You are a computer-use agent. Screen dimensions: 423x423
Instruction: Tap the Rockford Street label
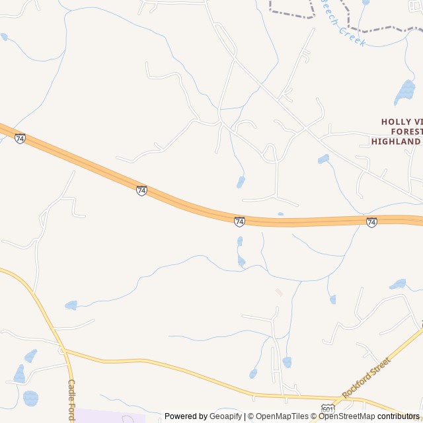pos(366,377)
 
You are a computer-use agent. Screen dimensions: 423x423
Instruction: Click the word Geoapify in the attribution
pos(226,416)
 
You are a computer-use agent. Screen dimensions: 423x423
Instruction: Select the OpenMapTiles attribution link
pos(282,416)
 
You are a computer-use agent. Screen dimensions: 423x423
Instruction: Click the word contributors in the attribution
pos(399,416)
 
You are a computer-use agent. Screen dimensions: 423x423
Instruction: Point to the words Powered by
pos(186,416)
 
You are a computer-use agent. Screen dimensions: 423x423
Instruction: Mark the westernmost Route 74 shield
pos(20,139)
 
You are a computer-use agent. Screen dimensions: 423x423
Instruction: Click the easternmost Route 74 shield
pos(371,223)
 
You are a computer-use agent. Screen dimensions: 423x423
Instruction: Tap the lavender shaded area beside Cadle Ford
pos(109,416)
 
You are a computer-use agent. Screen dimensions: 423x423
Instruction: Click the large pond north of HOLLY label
pos(404,93)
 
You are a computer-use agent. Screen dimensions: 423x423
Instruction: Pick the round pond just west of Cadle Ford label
pos(30,398)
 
